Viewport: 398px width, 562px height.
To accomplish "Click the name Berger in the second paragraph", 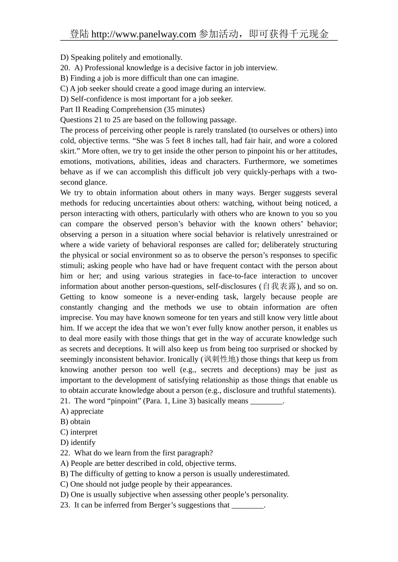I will click(270, 193).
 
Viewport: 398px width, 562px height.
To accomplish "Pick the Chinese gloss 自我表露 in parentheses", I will click(279, 286).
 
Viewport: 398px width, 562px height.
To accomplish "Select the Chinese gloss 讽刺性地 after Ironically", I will click(220, 359).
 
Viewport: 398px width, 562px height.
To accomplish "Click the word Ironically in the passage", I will click(183, 359).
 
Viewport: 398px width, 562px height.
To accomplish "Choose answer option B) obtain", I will click(75, 422).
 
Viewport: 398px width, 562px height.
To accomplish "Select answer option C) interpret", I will click(79, 432).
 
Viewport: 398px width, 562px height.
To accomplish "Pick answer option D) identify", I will click(78, 443).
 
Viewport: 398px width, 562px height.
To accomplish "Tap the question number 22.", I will click(65, 453).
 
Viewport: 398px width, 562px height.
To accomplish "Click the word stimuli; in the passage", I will click(72, 266).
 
